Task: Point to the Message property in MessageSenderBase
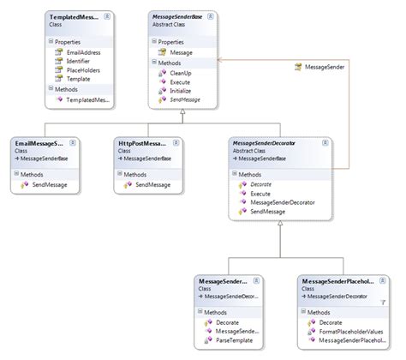tap(182, 52)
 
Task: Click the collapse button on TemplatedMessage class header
tap(107, 17)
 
